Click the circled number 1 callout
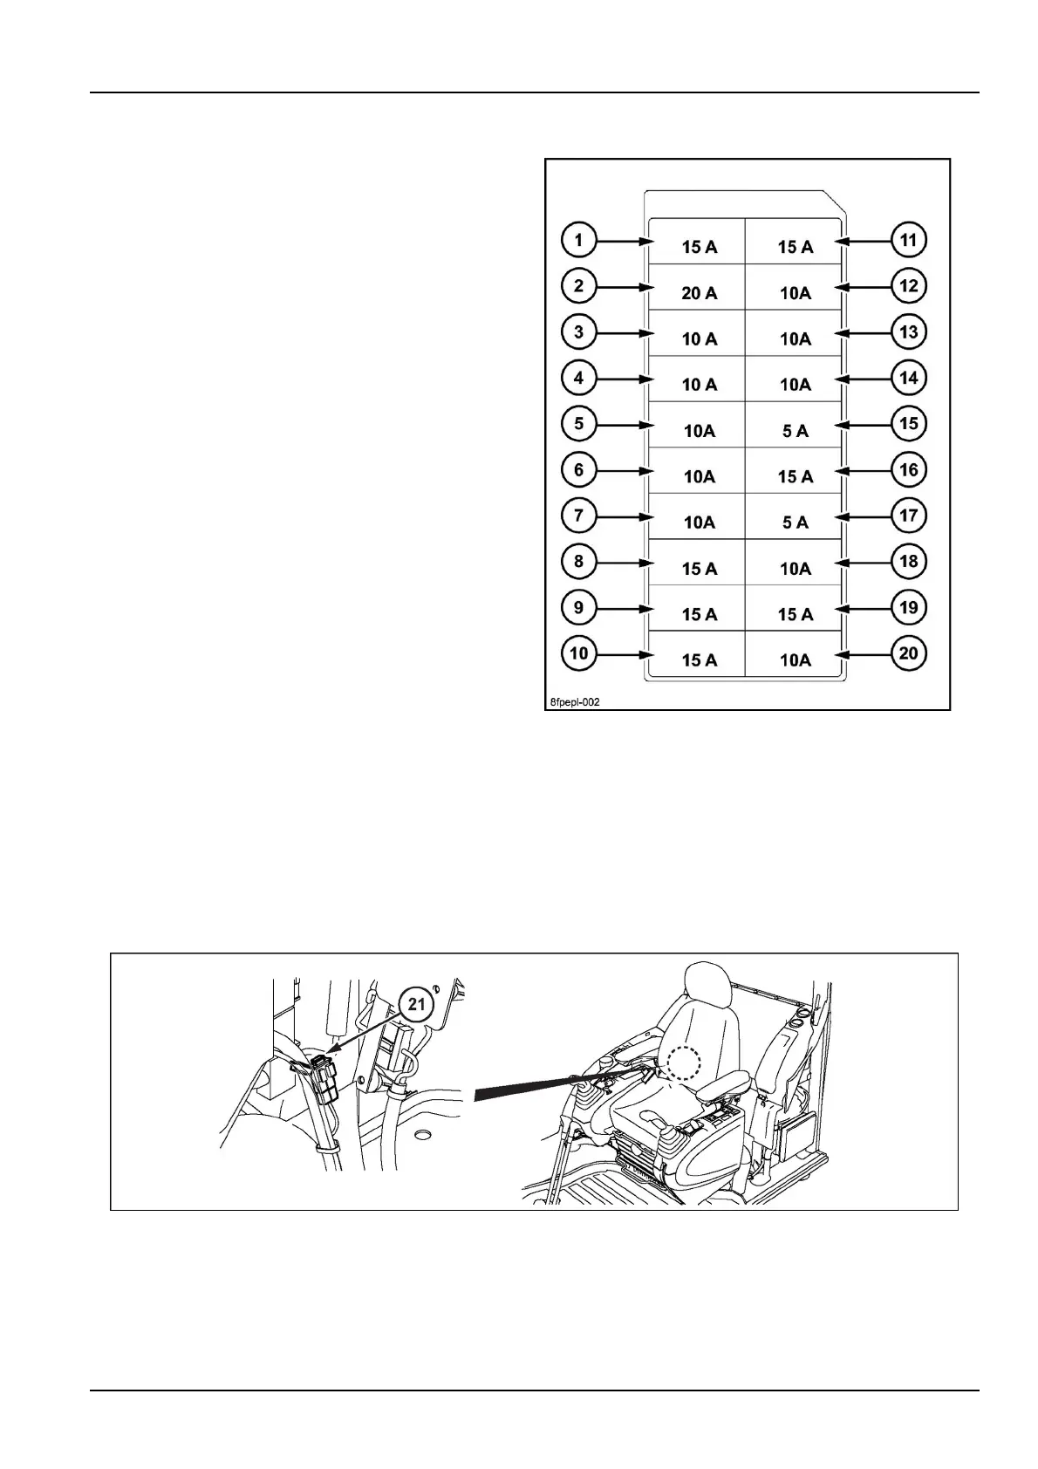pos(579,240)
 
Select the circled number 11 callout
pos(909,240)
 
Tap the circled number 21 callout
pos(417,1004)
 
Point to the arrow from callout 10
pos(625,654)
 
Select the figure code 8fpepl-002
pos(575,701)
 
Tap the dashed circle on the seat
pos(684,1063)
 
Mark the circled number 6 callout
pos(579,470)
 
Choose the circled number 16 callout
pos(909,470)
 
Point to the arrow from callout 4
pos(625,379)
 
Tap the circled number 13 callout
pos(909,332)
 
